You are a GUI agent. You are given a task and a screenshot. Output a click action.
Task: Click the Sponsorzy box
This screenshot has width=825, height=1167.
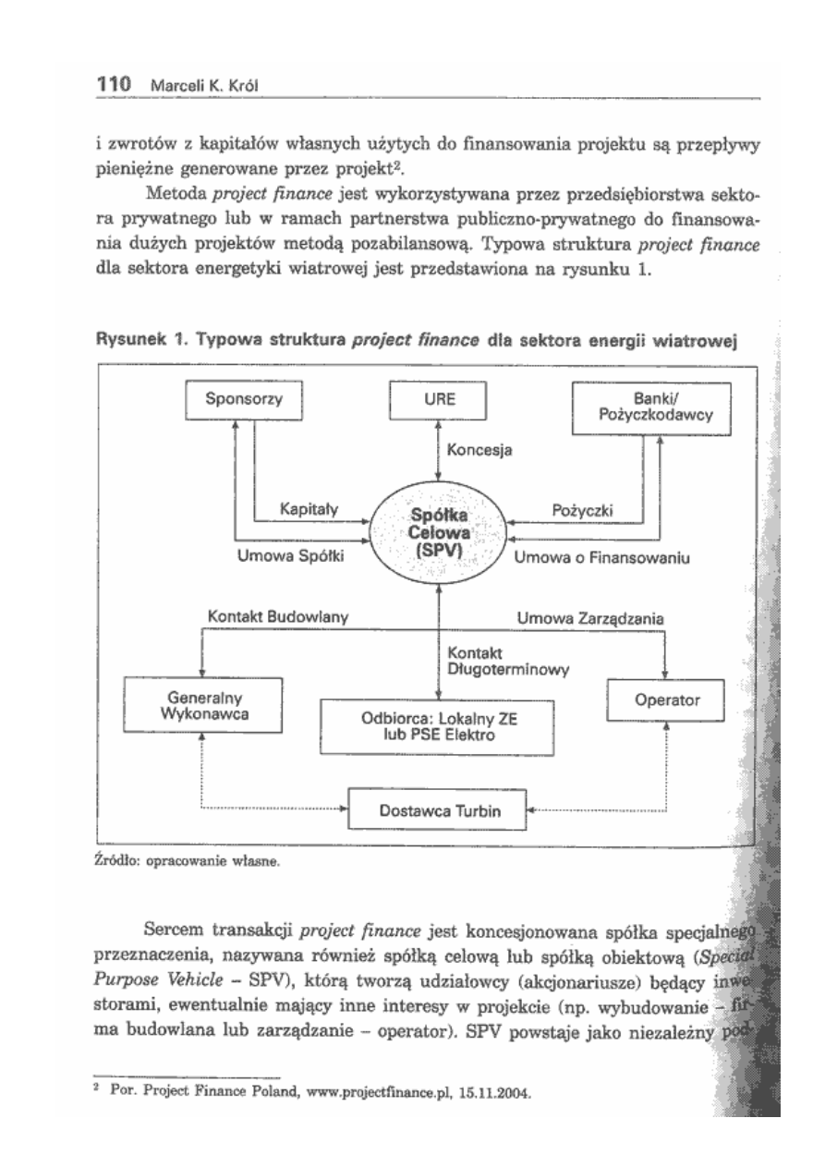(245, 400)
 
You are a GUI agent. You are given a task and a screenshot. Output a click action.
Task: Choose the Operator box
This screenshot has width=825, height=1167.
(664, 702)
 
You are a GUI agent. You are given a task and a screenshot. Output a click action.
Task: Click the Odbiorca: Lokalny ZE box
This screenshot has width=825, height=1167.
(437, 727)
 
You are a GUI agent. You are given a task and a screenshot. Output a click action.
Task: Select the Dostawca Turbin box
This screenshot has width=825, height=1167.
(436, 810)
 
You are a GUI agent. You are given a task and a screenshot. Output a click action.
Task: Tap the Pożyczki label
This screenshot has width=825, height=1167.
(585, 509)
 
